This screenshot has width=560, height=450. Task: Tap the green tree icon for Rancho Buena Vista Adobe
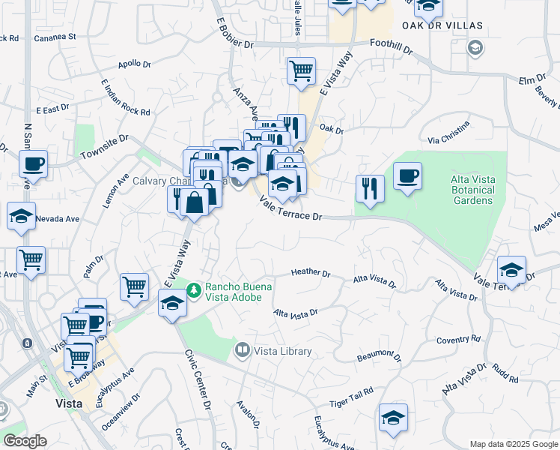coord(194,288)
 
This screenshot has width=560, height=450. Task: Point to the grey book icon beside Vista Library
coord(243,349)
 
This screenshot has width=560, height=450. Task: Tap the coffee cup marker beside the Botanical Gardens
coord(407,177)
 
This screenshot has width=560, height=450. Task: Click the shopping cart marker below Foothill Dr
coord(301,71)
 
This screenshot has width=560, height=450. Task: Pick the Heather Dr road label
coord(311,272)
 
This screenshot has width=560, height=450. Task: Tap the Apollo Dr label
coord(135,64)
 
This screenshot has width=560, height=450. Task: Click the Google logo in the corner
coord(25,441)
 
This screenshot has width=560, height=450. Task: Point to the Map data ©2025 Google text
coord(513,444)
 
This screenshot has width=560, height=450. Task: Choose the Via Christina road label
coord(448,133)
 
